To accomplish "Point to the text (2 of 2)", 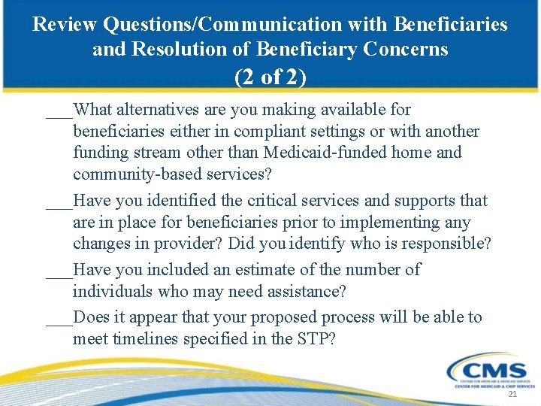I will (270, 77).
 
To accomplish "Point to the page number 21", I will (513, 395).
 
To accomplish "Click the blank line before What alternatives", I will (59, 114).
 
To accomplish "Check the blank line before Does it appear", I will (59, 322).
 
